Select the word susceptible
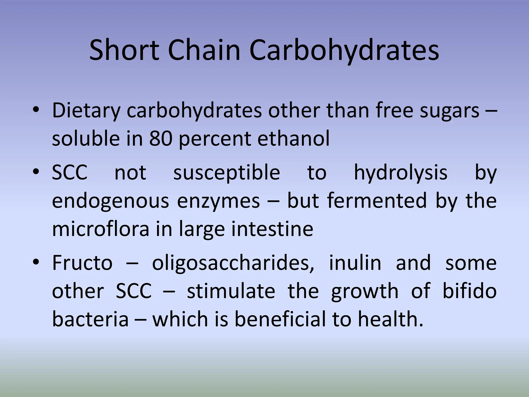click(227, 173)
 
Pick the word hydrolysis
click(400, 173)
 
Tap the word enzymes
click(218, 201)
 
